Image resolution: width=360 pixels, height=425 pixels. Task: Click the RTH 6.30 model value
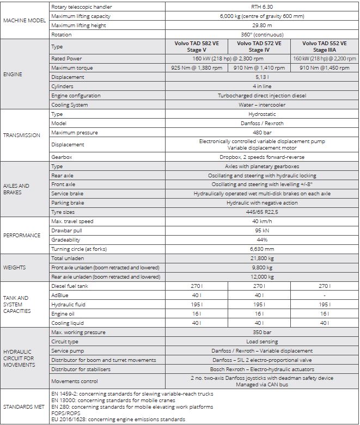tap(262, 7)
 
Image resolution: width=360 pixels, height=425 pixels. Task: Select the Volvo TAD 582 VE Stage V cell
tap(200, 47)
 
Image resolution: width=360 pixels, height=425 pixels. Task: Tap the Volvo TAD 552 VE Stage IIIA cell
tap(324, 47)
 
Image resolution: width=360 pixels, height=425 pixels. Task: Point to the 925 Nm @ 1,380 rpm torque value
tap(200, 68)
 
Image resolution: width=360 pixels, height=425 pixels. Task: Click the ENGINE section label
tap(13, 74)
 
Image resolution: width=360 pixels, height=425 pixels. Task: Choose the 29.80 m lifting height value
tap(262, 25)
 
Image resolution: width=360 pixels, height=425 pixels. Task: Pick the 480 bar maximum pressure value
tap(262, 133)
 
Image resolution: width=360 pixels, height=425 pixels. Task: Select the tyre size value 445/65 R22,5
tap(262, 212)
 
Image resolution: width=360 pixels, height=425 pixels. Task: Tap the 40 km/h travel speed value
tap(262, 221)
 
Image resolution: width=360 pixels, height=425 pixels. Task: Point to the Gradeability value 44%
tap(262, 240)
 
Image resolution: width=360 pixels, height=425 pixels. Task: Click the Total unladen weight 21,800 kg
tap(262, 258)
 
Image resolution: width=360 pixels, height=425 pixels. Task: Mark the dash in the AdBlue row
tap(324, 295)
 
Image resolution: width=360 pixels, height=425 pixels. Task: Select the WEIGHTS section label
tap(15, 268)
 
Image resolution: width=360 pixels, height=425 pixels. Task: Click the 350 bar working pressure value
tap(262, 332)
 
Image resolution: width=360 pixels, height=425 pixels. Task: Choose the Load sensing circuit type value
tap(262, 342)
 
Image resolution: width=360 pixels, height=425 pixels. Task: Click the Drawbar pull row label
tap(66, 231)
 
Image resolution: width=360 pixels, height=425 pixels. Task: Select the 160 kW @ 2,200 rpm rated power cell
tap(324, 59)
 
